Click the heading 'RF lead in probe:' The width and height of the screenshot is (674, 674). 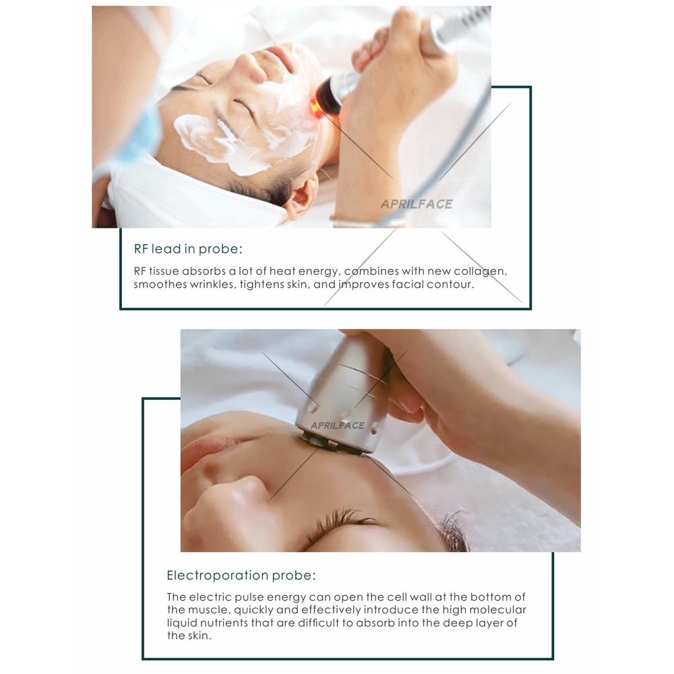(x=188, y=249)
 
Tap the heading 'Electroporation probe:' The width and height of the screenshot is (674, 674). (x=241, y=575)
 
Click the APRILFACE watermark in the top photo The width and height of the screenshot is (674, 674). (x=417, y=204)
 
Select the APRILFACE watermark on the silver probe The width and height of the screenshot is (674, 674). (x=338, y=425)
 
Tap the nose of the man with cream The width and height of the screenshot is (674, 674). (x=249, y=69)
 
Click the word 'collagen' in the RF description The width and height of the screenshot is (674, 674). (x=481, y=272)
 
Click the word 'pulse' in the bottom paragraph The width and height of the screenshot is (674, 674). (x=250, y=597)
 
